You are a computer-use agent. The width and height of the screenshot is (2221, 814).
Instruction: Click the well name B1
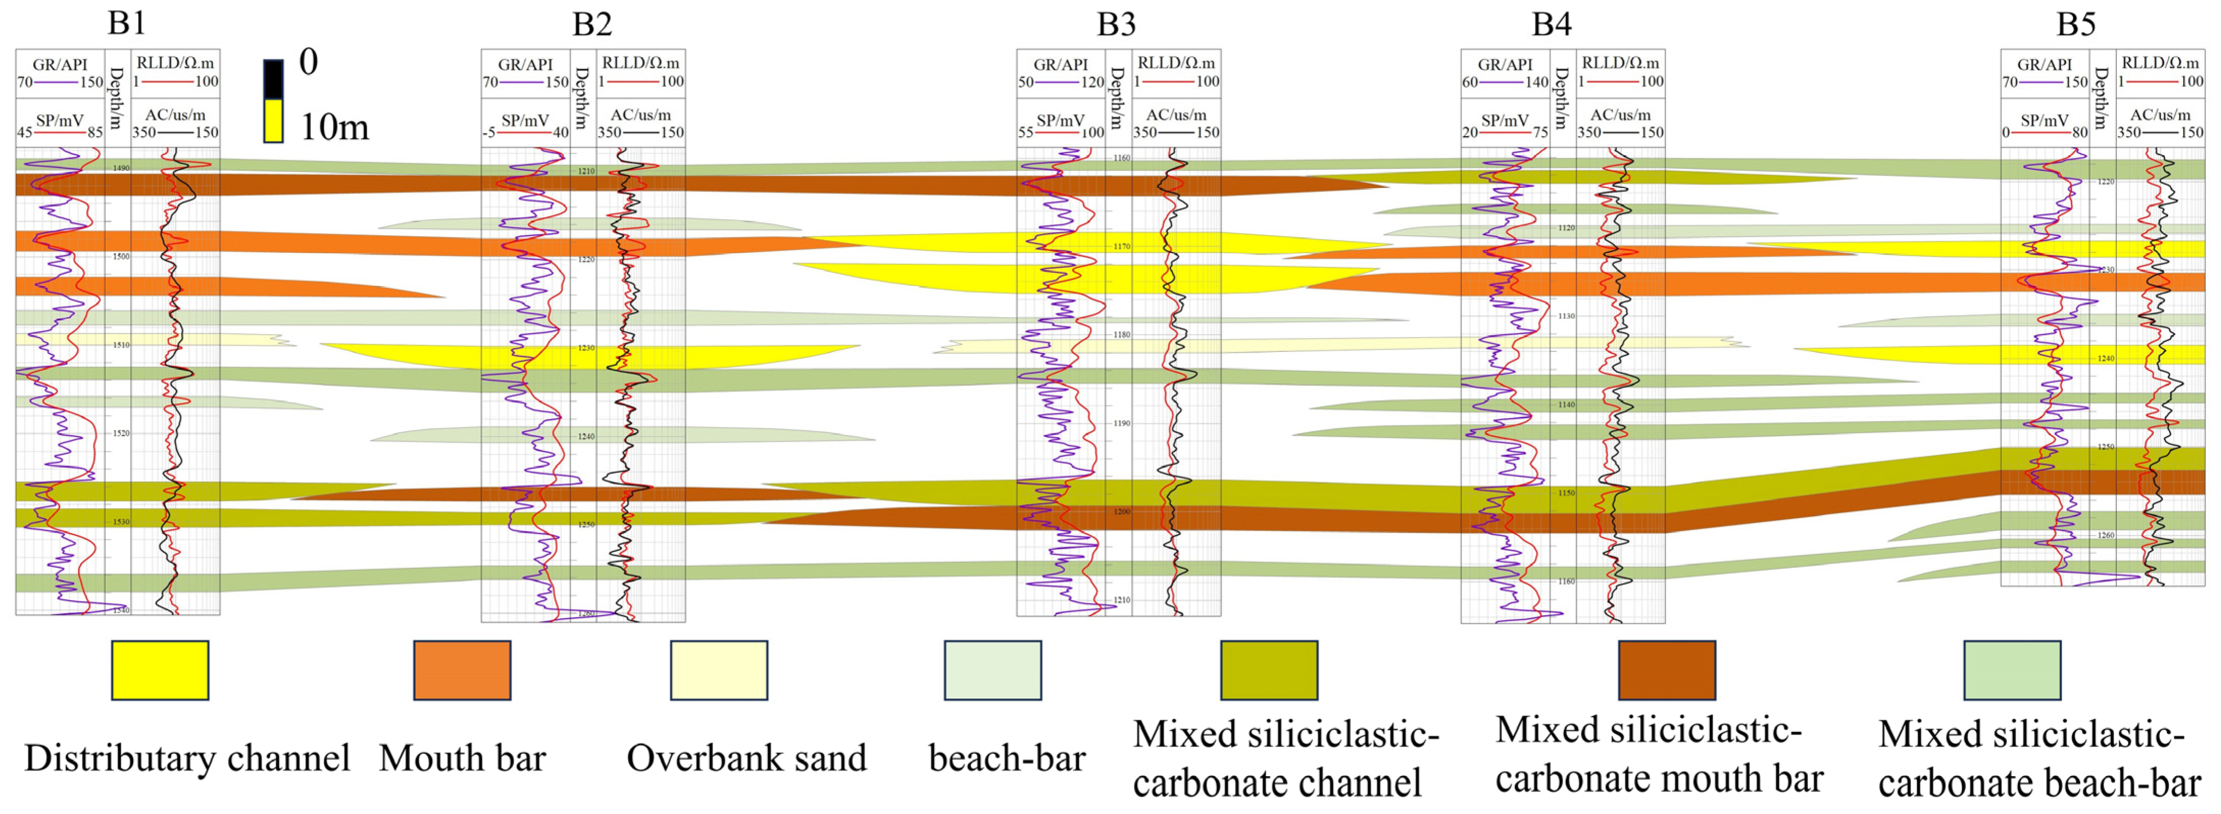(x=126, y=23)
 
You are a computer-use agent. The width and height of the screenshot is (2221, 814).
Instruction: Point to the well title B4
(x=1551, y=23)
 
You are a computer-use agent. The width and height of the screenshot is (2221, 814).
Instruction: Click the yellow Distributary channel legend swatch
(x=160, y=670)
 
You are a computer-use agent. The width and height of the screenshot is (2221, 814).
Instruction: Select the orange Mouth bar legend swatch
(x=462, y=670)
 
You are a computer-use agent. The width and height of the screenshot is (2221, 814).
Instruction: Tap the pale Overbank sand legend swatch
(x=719, y=670)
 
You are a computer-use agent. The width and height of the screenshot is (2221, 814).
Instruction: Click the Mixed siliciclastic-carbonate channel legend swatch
(x=1269, y=670)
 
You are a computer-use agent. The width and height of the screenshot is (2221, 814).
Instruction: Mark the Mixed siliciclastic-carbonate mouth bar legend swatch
(x=1667, y=670)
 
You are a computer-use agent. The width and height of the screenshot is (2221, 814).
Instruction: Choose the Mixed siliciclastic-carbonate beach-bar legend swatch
(x=2012, y=670)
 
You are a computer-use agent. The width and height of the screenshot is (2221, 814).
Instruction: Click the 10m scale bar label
(x=334, y=128)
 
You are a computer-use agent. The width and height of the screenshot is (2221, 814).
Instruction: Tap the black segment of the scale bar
(x=273, y=80)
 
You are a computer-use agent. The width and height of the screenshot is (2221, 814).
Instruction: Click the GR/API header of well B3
(x=1061, y=65)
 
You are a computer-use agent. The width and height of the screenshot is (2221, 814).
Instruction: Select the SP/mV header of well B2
(x=525, y=121)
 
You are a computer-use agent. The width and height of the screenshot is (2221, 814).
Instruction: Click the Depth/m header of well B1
(x=117, y=97)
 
